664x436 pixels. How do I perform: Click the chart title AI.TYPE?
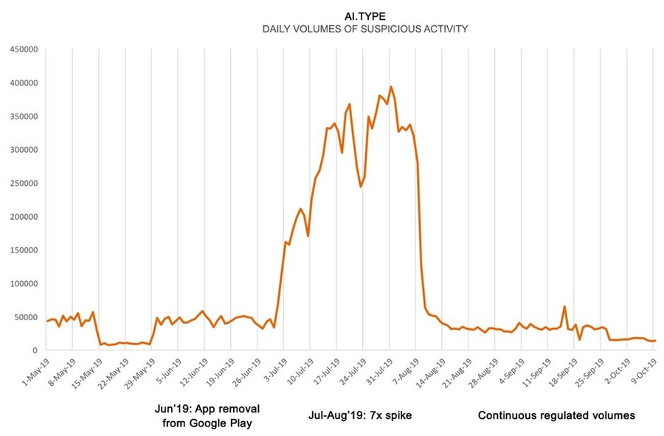point(364,14)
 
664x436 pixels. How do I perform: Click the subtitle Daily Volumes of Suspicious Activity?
point(364,29)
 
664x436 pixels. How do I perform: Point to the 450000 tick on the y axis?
point(24,49)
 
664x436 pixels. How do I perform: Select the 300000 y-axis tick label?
point(24,150)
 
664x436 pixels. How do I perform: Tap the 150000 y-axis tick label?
point(24,250)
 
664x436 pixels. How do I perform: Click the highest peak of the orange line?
point(391,87)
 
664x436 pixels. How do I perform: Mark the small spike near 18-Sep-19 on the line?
point(564,307)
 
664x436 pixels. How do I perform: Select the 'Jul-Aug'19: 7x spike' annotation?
point(360,415)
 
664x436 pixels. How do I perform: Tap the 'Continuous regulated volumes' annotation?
point(556,415)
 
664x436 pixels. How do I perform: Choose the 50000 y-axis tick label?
point(27,317)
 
